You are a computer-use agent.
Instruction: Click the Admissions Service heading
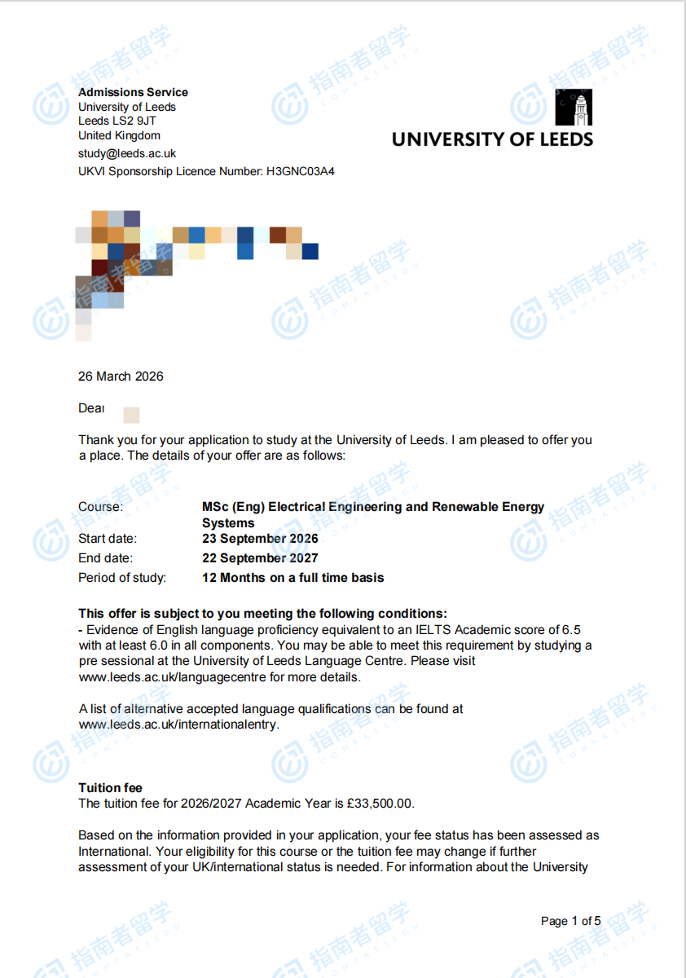click(133, 92)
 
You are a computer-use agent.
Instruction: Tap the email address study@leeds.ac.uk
click(127, 153)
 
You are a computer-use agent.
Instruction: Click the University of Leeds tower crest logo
click(574, 108)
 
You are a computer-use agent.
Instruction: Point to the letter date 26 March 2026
click(121, 377)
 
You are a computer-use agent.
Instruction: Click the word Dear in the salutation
click(90, 408)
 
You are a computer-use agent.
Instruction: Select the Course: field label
click(100, 507)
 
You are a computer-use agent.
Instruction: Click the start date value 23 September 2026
click(260, 539)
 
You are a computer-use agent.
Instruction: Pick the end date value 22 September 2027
click(260, 558)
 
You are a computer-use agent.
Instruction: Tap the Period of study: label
click(122, 578)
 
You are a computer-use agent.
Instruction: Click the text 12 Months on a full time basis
click(292, 578)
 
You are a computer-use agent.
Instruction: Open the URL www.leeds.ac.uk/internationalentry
click(178, 725)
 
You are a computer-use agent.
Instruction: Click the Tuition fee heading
click(110, 788)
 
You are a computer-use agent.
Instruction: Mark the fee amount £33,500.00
click(385, 804)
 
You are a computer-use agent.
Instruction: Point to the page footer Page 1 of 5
click(570, 921)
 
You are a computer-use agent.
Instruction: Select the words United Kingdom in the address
click(119, 135)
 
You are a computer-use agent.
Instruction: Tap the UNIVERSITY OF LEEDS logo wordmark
click(492, 139)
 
